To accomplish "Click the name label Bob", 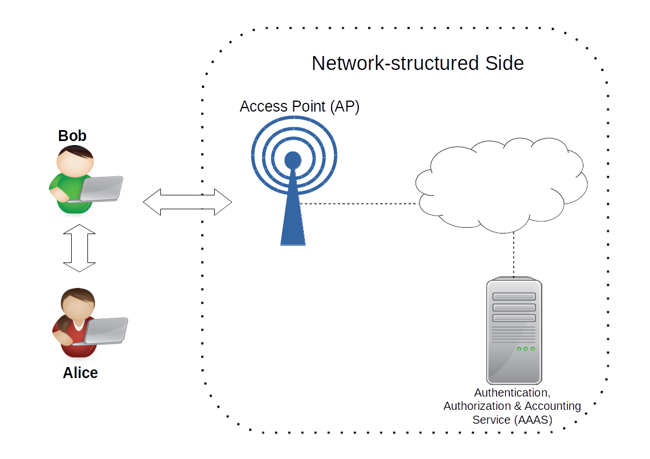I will [72, 136].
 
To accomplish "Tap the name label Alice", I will [80, 373].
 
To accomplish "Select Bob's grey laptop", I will [102, 188].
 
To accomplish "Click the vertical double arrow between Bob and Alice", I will [79, 249].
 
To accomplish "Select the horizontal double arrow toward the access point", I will [187, 202].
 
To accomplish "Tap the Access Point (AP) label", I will [299, 107].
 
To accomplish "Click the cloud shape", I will [500, 182].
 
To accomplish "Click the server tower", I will [513, 330].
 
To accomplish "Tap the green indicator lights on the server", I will [526, 349].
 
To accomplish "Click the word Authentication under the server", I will [512, 393].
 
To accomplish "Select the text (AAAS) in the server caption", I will [533, 420].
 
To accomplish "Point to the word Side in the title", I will [504, 63].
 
